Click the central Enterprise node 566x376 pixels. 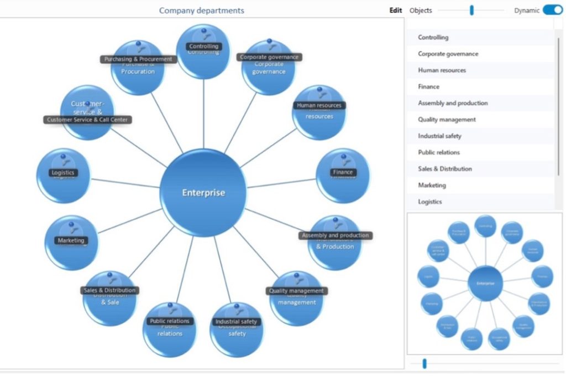pyautogui.click(x=204, y=193)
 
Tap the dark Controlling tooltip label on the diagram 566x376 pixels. pyautogui.click(x=203, y=47)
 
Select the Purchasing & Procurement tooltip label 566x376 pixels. pyautogui.click(x=138, y=59)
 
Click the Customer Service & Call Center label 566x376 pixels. pyautogui.click(x=88, y=120)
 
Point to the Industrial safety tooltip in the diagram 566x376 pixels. pyautogui.click(x=236, y=321)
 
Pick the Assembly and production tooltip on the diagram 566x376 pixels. pyautogui.click(x=335, y=235)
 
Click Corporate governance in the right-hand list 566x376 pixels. pyautogui.click(x=448, y=54)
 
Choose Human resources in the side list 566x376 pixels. pyautogui.click(x=442, y=70)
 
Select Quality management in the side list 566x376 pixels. pyautogui.click(x=447, y=120)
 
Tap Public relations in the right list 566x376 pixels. pyautogui.click(x=439, y=152)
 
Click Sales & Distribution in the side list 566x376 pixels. pyautogui.click(x=445, y=169)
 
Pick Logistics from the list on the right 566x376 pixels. pyautogui.click(x=430, y=202)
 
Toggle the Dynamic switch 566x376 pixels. pyautogui.click(x=552, y=10)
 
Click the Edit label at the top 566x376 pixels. pyautogui.click(x=396, y=10)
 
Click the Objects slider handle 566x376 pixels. pyautogui.click(x=471, y=10)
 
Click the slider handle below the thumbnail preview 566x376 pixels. pyautogui.click(x=424, y=363)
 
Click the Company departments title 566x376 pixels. pyautogui.click(x=201, y=10)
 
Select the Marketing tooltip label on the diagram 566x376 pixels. pyautogui.click(x=71, y=240)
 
